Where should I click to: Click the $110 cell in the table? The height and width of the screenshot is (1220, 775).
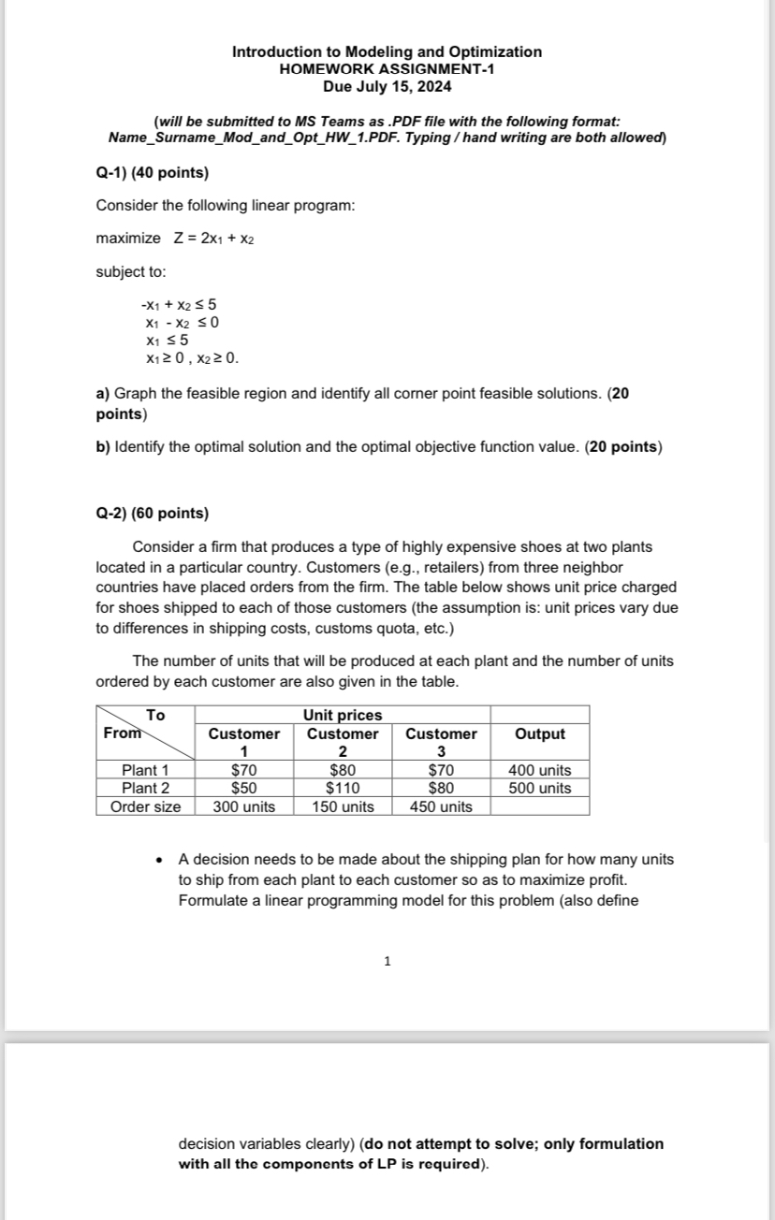point(343,788)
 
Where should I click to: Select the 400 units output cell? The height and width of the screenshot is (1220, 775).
point(539,770)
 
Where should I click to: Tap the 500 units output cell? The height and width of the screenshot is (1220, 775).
point(539,788)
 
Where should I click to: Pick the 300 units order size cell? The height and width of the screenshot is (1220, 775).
point(244,806)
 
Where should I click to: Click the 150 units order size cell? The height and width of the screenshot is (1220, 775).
point(343,806)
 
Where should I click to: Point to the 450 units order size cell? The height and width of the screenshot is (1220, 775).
point(441,806)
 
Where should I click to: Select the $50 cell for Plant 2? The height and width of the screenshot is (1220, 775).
point(244,788)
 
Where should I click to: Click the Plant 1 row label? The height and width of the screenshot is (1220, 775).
point(145,770)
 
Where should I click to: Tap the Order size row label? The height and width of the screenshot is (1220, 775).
point(145,806)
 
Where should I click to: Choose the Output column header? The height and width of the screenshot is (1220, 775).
point(540,733)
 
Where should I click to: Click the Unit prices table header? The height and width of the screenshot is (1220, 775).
point(343,716)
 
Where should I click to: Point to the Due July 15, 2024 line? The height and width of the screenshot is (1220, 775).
point(387,86)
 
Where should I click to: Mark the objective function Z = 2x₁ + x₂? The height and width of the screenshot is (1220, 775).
point(214,239)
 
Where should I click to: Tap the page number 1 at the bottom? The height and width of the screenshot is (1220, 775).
point(387,961)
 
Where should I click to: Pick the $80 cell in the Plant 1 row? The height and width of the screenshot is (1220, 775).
point(343,770)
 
